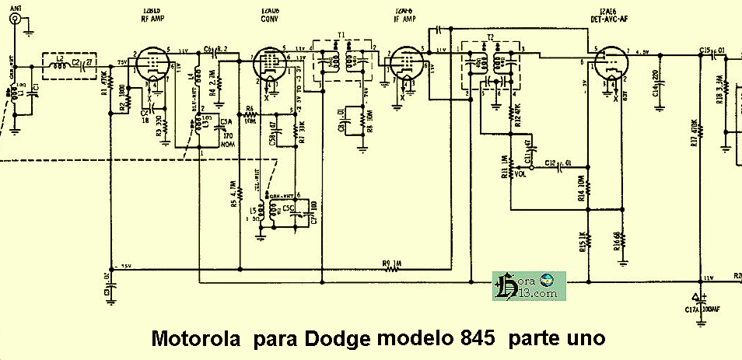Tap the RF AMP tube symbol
click(155, 64)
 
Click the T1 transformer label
click(341, 36)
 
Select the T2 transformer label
click(490, 37)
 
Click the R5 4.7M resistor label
click(233, 194)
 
